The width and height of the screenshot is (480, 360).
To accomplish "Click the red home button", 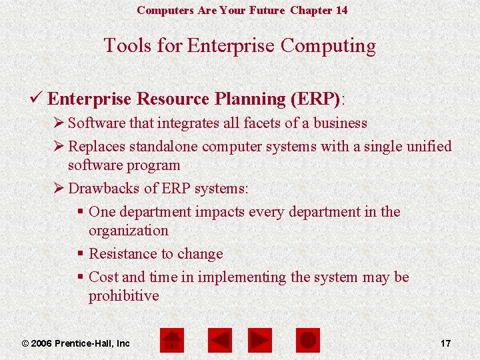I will point(173,341).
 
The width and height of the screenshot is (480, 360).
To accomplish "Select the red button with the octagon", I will point(308,341).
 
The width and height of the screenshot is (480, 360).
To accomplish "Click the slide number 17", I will point(445,343).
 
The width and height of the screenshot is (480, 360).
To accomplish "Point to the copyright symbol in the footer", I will point(25,343).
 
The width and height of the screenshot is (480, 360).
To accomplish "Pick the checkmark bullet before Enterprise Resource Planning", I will point(38,99).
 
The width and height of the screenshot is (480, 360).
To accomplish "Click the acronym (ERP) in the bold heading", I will point(315,99).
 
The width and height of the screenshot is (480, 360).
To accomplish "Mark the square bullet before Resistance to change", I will point(80,254).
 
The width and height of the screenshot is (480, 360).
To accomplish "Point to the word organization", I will point(128,231).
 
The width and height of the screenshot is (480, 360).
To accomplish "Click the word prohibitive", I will point(123,296).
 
